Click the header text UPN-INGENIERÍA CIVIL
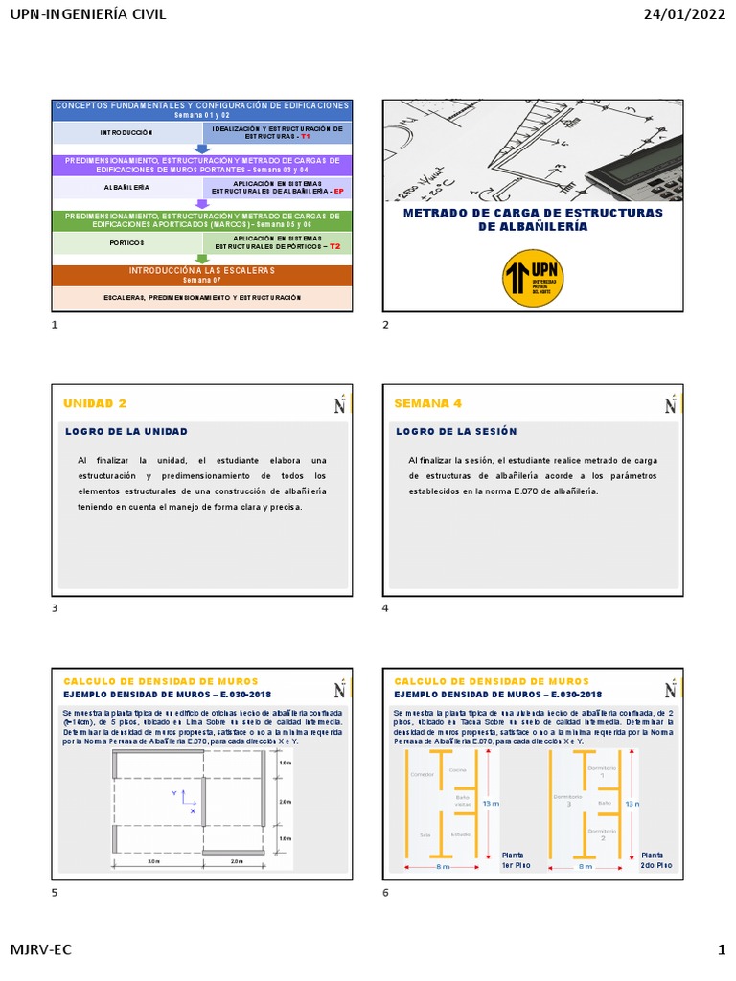pyautogui.click(x=87, y=13)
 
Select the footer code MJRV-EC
pyautogui.click(x=40, y=949)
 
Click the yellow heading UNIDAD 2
pyautogui.click(x=94, y=403)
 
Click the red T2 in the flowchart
pyautogui.click(x=334, y=246)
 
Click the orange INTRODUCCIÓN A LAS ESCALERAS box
pyautogui.click(x=202, y=275)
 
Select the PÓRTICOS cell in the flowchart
pyautogui.click(x=125, y=243)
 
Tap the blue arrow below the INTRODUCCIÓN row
pyautogui.click(x=202, y=148)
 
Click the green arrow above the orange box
pyautogui.click(x=201, y=259)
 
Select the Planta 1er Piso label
pyautogui.click(x=514, y=859)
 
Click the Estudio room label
pyautogui.click(x=461, y=834)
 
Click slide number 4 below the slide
pyautogui.click(x=385, y=608)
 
